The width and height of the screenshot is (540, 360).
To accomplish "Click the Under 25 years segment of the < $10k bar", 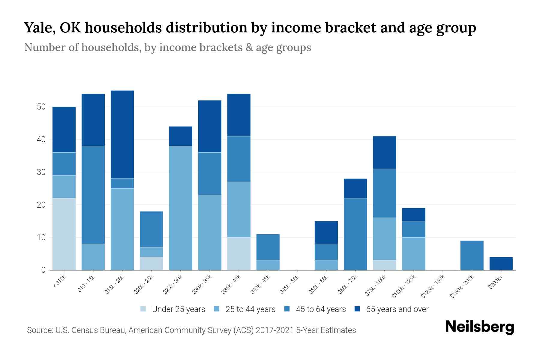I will click(64, 234).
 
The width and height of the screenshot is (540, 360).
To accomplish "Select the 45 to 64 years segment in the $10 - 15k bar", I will click(93, 195).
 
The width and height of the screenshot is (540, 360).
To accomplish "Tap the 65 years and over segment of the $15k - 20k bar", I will click(122, 134).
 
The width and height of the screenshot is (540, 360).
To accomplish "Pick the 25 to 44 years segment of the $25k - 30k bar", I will click(181, 208).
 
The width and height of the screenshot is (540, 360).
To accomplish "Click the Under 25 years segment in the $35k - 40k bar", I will click(239, 253).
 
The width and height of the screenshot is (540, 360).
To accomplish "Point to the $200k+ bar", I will click(501, 263).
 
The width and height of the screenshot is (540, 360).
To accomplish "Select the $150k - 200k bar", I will click(472, 255).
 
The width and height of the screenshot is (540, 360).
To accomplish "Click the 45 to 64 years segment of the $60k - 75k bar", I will click(355, 234).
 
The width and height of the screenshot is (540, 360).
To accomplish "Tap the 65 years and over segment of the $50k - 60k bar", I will click(326, 232).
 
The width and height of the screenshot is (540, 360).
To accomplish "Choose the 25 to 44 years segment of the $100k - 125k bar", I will click(414, 253).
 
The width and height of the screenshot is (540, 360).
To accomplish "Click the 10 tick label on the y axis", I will click(41, 237).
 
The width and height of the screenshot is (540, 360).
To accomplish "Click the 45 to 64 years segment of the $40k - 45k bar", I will click(268, 247).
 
